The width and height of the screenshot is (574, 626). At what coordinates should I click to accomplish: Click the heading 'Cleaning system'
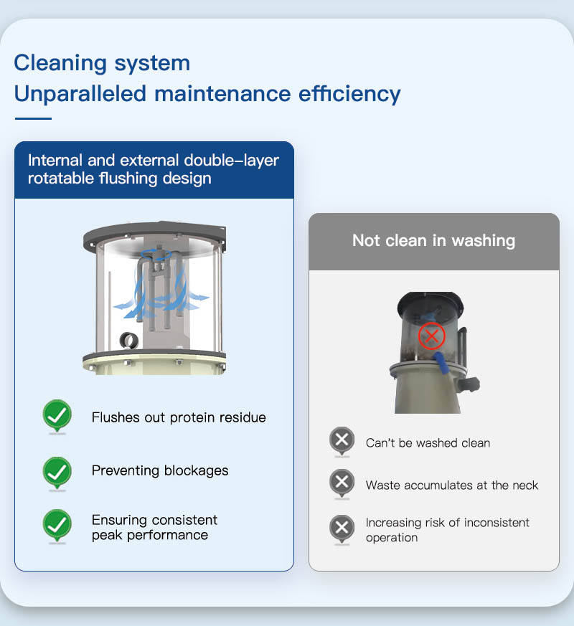coord(102,63)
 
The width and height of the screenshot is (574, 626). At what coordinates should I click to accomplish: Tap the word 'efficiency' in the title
coord(349,94)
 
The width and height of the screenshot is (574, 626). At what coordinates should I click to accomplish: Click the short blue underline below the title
coord(33,118)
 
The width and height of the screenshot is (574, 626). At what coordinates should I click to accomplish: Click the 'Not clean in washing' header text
coord(434,241)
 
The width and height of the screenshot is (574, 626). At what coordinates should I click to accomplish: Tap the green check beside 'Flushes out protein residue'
coord(57,416)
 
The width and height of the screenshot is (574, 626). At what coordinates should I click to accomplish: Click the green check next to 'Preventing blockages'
coord(57,473)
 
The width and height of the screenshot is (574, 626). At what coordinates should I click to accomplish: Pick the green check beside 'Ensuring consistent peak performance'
coord(57,526)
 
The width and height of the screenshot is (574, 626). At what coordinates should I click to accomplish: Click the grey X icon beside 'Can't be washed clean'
coord(342,441)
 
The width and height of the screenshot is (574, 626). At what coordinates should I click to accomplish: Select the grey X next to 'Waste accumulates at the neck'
coord(342,483)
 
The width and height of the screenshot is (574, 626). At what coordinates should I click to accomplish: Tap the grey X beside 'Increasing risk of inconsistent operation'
coord(342,528)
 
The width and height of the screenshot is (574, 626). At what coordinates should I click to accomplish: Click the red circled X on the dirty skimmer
coord(432,336)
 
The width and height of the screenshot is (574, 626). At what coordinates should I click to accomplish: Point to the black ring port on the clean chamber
coord(129,340)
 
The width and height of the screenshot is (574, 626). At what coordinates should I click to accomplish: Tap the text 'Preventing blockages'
coord(160,470)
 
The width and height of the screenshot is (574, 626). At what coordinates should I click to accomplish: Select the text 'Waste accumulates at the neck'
coord(452,485)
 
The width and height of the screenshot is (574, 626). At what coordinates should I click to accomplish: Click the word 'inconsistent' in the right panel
coord(497,523)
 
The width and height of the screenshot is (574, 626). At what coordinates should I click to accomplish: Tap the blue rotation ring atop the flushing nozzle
coord(156,254)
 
